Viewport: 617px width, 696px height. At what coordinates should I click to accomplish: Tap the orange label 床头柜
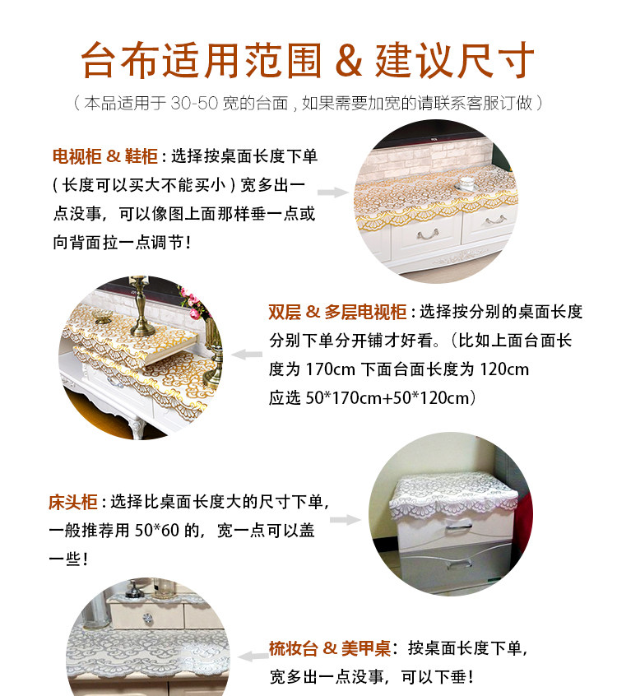73,502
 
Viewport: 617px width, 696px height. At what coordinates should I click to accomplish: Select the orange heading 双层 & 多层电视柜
337,313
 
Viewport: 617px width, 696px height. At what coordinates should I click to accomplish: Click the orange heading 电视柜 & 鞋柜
104,156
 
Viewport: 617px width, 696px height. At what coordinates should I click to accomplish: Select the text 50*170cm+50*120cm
391,398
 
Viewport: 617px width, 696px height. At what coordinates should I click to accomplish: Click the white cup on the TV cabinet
466,182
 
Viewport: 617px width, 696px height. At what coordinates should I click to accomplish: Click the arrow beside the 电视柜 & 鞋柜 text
333,192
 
